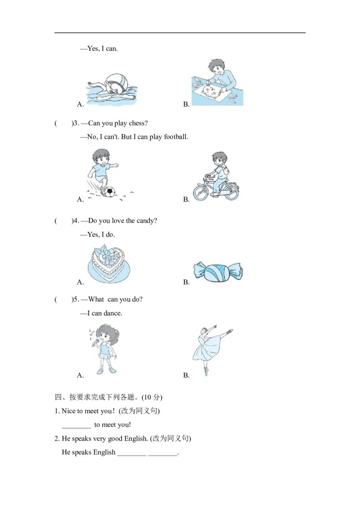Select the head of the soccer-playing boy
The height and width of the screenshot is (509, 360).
101,157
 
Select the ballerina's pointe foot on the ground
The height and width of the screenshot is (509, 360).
207,372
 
